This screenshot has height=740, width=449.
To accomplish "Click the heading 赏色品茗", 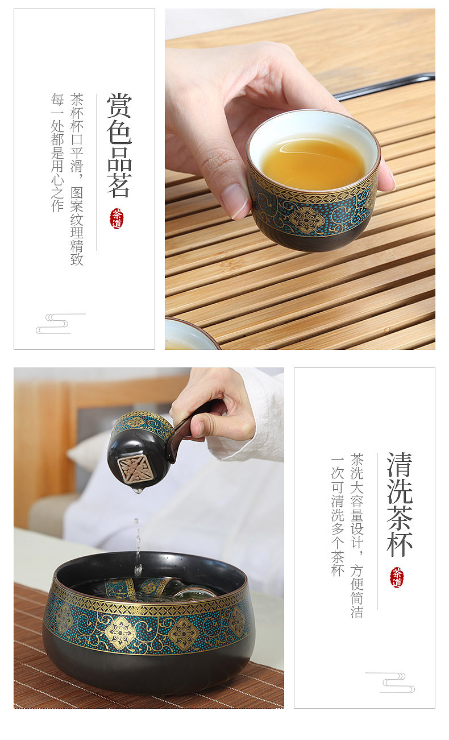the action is tap(119, 145).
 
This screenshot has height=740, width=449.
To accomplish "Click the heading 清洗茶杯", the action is tap(400, 504).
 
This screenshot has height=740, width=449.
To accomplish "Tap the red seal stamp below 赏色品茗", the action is tap(117, 218).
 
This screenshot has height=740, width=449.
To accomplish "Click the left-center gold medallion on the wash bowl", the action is tap(120, 631).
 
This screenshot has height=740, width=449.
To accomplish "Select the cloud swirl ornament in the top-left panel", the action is tap(60, 324).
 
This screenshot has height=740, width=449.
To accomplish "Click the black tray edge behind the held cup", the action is tap(385, 87).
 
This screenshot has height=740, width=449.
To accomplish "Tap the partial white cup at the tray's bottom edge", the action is tap(192, 334).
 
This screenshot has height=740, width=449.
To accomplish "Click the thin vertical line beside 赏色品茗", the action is tap(97, 172).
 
